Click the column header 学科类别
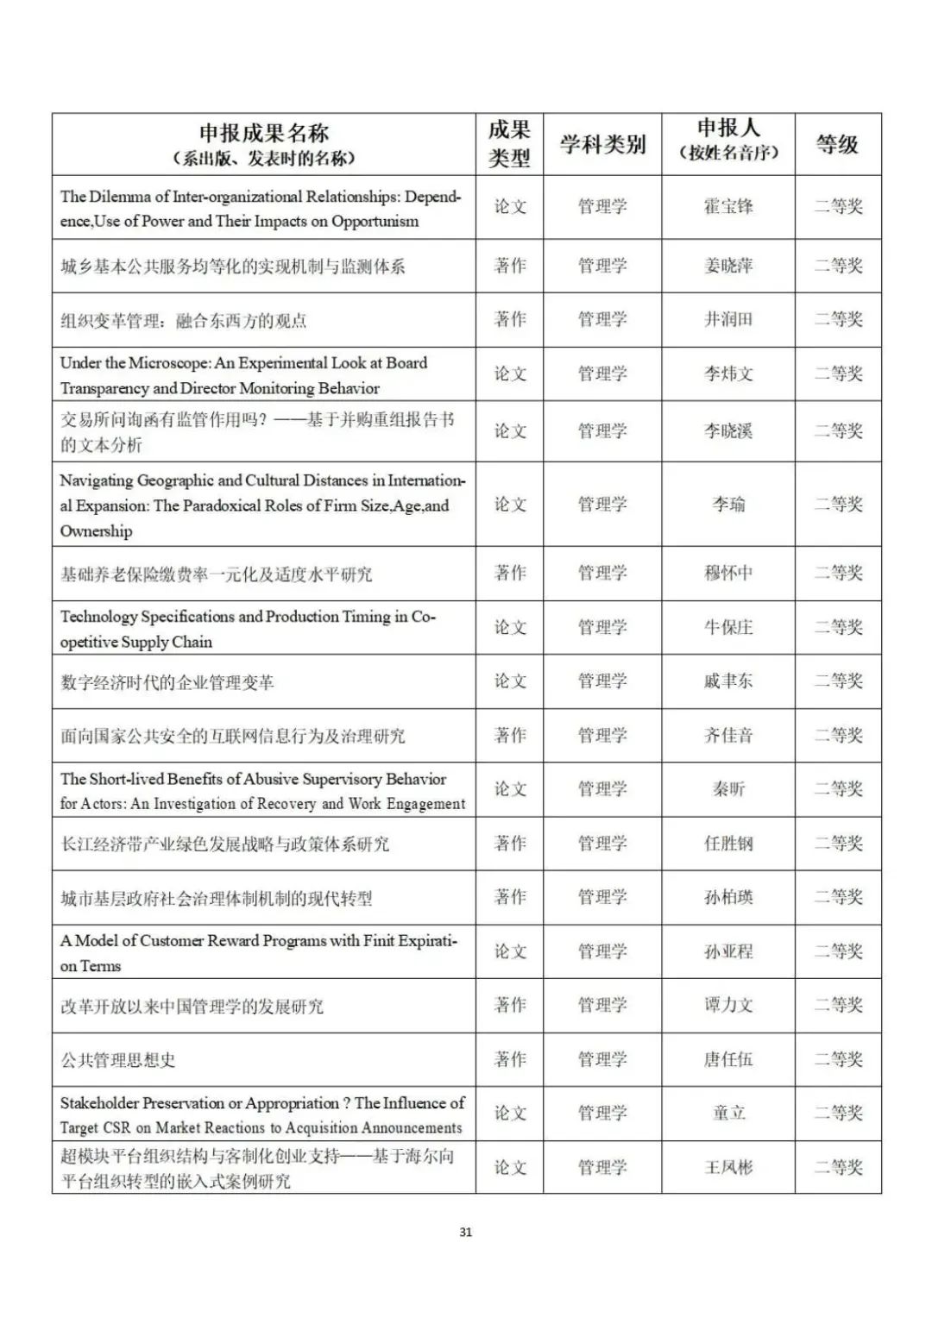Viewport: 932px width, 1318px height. point(602,144)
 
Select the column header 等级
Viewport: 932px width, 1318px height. point(837,144)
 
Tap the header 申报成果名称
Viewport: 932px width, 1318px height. point(263,133)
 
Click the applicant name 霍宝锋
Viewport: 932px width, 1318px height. point(728,207)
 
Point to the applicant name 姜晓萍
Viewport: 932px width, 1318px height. point(728,266)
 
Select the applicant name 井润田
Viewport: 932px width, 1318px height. point(728,320)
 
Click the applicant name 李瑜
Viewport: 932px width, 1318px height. point(728,505)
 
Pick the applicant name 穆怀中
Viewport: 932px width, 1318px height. point(728,574)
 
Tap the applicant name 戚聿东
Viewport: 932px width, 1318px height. point(728,681)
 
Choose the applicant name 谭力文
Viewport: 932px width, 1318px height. point(728,1006)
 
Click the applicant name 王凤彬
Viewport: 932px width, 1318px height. point(728,1168)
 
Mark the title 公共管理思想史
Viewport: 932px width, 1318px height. point(118,1060)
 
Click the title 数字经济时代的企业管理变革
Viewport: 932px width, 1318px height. point(167,682)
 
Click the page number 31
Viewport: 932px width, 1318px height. point(466,1232)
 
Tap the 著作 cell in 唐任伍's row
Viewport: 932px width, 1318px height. point(509,1059)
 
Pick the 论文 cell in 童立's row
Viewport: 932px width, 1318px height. point(509,1114)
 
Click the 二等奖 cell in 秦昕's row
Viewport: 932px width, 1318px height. point(838,789)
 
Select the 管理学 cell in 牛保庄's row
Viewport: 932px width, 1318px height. point(602,628)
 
